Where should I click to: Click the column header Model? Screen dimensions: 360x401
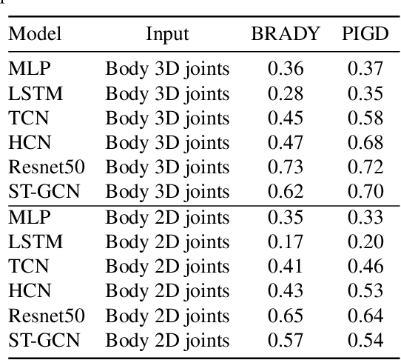[35, 34]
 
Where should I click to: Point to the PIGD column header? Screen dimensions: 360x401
[365, 34]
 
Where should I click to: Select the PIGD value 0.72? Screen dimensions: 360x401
[365, 167]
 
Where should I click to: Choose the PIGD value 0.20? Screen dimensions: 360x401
[365, 241]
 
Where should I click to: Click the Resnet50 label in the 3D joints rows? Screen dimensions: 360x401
[47, 167]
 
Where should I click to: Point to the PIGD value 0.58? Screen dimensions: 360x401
[365, 118]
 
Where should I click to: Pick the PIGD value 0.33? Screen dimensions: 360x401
[365, 217]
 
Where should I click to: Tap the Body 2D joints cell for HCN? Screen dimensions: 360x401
[167, 291]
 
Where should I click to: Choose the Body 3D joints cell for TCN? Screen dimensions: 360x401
[167, 118]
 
